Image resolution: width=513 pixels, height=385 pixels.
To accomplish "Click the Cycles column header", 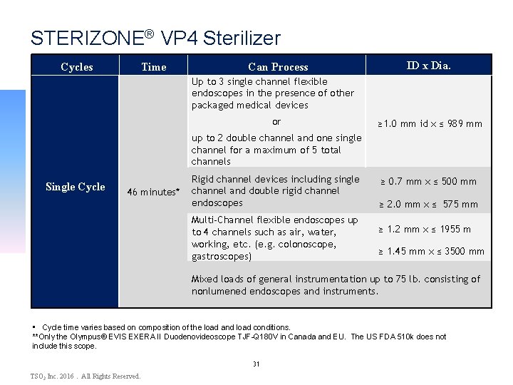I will click(x=77, y=67).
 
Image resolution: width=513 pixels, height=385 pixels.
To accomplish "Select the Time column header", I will click(x=153, y=67).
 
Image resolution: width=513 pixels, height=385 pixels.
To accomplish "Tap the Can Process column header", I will click(x=278, y=67).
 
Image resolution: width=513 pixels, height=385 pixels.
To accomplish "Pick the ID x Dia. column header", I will click(x=428, y=66).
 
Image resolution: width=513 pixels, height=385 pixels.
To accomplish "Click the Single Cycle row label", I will click(x=75, y=187).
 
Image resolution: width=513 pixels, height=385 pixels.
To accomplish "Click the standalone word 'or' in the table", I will click(x=276, y=122).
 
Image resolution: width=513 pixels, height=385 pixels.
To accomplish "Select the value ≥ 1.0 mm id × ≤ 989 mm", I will click(x=430, y=123).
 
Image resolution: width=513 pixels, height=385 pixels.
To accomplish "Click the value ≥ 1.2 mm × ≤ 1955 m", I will click(x=425, y=229).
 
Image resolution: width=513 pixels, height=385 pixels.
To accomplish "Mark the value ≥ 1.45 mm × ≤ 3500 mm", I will click(x=430, y=251).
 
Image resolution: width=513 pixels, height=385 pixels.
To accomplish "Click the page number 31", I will click(x=256, y=364).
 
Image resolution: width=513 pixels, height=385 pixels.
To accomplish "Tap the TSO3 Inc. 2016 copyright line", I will click(x=85, y=376).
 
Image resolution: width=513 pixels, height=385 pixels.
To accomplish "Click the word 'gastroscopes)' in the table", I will click(x=221, y=256).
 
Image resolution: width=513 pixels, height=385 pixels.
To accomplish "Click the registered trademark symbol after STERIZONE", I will click(x=149, y=33).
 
